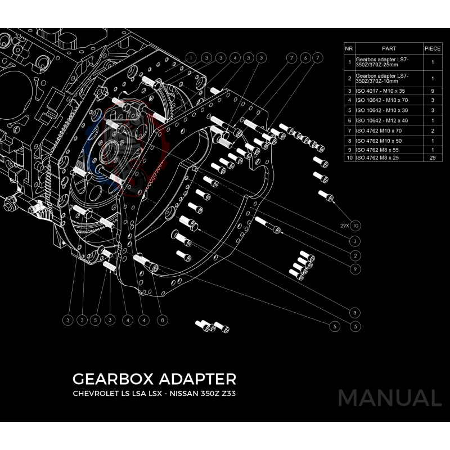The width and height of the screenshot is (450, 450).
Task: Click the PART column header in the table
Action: pos(389,49)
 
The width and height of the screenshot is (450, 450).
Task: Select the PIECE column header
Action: pos(433,49)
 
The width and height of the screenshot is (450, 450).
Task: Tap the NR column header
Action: pos(349,49)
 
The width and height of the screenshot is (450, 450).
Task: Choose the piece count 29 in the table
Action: pos(433,159)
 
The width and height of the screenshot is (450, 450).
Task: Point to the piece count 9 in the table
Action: pos(433,90)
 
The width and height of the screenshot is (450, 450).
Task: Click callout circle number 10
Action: pos(355,226)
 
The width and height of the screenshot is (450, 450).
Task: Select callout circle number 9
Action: pos(355,269)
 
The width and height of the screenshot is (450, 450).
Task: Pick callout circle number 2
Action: pos(355,255)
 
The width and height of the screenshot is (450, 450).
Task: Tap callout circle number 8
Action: pos(162,320)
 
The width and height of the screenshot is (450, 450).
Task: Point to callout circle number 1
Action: pos(191,57)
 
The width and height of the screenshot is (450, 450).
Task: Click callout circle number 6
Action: pos(304,57)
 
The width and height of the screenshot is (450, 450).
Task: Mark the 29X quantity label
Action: pos(344,226)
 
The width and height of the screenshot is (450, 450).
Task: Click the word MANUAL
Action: pos(389,398)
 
